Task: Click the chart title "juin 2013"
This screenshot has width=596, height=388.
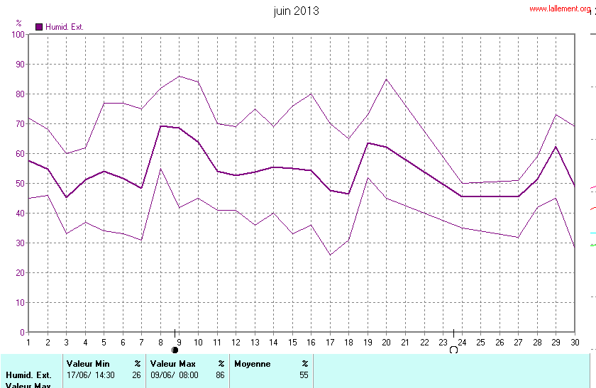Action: point(296,11)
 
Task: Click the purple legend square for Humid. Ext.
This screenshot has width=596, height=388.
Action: point(39,27)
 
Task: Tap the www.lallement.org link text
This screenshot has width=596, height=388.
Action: point(559,9)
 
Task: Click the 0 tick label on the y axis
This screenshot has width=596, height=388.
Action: point(22,333)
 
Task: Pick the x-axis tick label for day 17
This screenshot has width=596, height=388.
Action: point(329,343)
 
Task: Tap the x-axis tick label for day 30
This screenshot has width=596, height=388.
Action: point(575,343)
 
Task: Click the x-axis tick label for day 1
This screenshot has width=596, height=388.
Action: point(28,343)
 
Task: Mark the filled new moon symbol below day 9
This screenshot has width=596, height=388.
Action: point(175,350)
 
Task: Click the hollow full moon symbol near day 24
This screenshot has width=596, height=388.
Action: point(453,350)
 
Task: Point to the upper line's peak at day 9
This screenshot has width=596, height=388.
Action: point(180,76)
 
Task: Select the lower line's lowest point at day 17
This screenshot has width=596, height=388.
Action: point(330,255)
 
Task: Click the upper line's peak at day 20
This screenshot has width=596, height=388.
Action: point(386,79)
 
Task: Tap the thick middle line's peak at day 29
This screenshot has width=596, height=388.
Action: point(556,147)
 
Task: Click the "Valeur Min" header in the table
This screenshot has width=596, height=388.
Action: point(88,363)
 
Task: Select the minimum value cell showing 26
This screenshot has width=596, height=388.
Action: point(136,375)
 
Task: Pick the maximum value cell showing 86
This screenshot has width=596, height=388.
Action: point(220,375)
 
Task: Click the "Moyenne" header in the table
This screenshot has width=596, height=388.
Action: point(253,363)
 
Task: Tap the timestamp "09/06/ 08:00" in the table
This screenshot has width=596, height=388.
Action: point(175,375)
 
